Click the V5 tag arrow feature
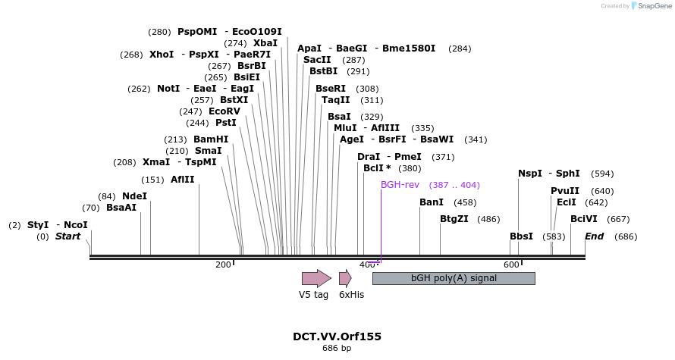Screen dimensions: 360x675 [x=316, y=278]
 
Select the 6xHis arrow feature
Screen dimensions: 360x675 [x=345, y=278]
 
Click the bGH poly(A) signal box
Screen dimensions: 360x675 [x=454, y=278]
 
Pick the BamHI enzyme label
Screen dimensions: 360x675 [x=211, y=139]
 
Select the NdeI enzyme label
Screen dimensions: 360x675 [x=134, y=196]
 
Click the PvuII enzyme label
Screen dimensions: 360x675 [x=565, y=191]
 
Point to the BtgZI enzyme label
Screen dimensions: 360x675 [x=455, y=219]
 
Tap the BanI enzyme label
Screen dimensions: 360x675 [x=432, y=202]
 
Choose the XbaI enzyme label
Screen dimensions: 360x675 [x=265, y=43]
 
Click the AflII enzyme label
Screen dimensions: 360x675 [x=183, y=180]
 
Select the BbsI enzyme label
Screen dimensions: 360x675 [x=521, y=236]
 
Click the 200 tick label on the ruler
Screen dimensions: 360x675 [x=223, y=265]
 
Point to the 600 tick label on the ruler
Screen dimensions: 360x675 [x=511, y=265]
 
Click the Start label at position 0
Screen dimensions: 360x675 [x=67, y=236]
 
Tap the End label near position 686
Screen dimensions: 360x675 [x=594, y=236]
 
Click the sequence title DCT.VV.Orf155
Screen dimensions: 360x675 [x=337, y=337]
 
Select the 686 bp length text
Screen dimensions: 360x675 [x=337, y=349]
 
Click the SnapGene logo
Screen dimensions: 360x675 [x=653, y=6]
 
